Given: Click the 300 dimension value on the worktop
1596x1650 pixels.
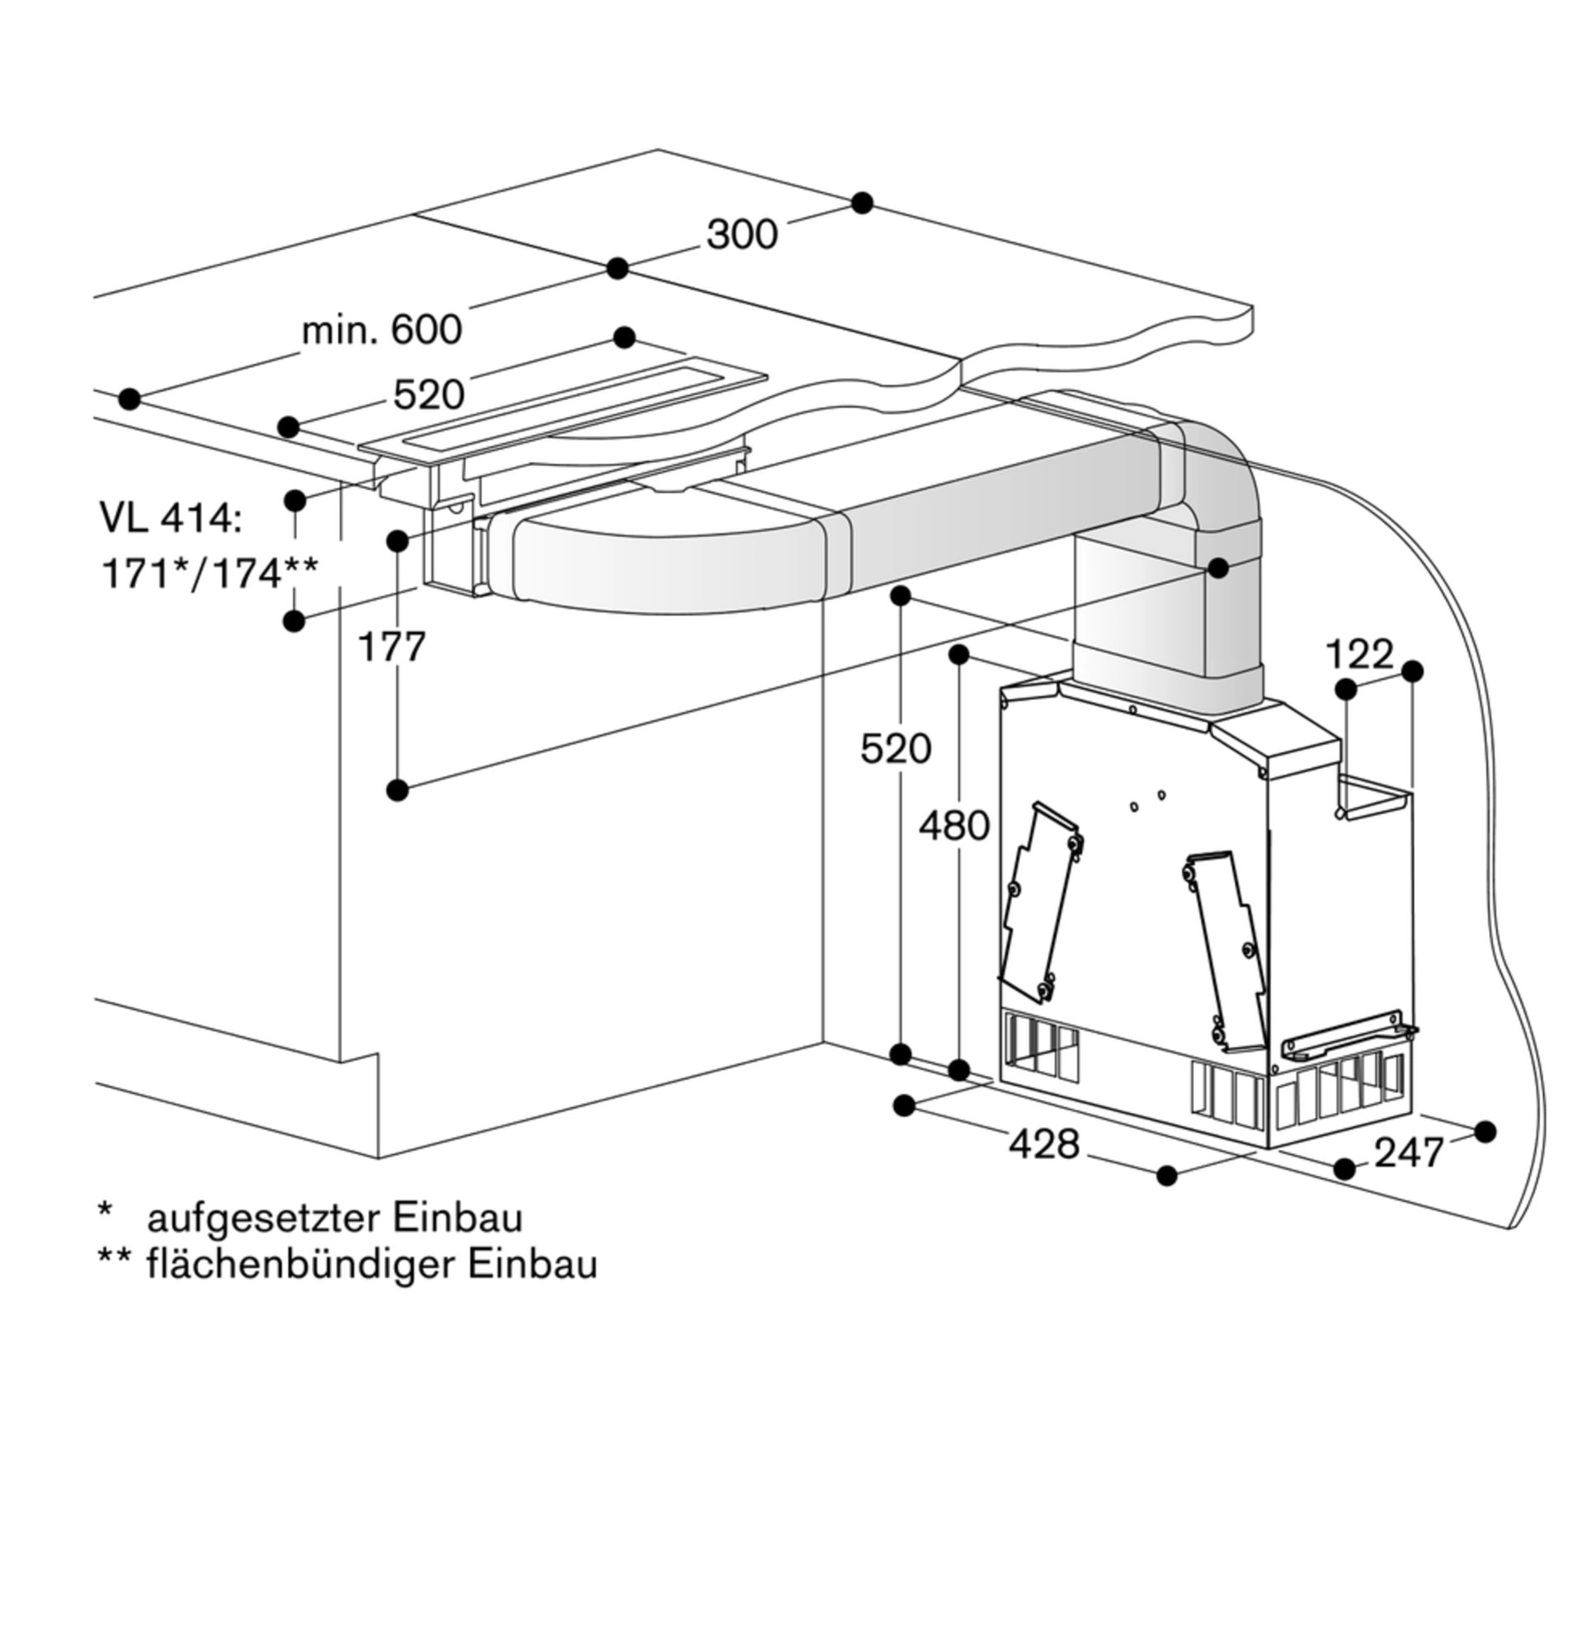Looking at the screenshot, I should pyautogui.click(x=742, y=235).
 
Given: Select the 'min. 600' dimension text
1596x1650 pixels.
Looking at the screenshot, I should pyautogui.click(x=381, y=329).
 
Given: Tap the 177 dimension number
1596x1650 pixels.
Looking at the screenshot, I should pyautogui.click(x=392, y=648).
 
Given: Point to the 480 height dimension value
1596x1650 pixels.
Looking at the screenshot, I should pyautogui.click(x=953, y=826).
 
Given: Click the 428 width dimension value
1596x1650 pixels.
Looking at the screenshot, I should pyautogui.click(x=1044, y=1144).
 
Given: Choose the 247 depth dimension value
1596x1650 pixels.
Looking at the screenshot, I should pyautogui.click(x=1409, y=1153).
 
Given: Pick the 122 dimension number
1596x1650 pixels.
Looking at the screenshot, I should pyautogui.click(x=1359, y=654).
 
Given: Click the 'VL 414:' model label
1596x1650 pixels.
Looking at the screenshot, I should pyautogui.click(x=171, y=518).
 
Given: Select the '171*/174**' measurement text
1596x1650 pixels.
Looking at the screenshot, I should pyautogui.click(x=210, y=574).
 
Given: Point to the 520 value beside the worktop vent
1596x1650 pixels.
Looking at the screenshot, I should pyautogui.click(x=428, y=395).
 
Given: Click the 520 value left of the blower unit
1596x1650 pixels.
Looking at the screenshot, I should pyautogui.click(x=896, y=748).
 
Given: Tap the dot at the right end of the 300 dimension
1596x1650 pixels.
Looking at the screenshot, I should pyautogui.click(x=862, y=203).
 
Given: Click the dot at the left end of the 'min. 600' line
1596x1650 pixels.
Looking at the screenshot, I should pyautogui.click(x=129, y=399).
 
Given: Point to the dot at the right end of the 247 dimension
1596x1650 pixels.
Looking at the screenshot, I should pyautogui.click(x=1485, y=1131).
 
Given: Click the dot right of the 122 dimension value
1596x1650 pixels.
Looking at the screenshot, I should pyautogui.click(x=1413, y=671).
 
